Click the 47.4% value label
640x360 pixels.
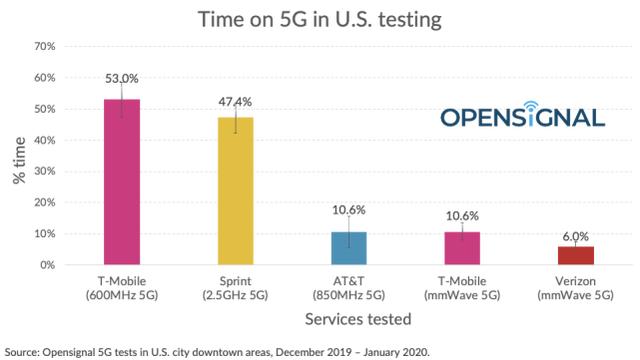point(236,102)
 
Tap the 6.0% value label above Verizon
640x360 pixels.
point(575,236)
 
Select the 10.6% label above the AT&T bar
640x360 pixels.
point(349,210)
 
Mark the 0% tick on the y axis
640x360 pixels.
point(46,265)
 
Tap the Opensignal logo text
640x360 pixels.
point(523,118)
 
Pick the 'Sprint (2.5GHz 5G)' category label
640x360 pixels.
point(236,289)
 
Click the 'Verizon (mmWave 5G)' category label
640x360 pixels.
point(575,289)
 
